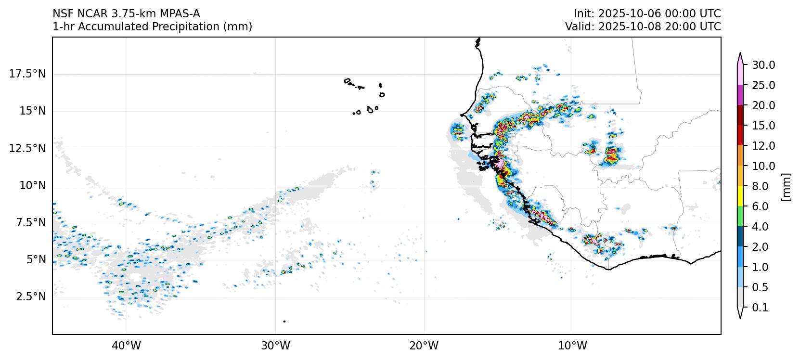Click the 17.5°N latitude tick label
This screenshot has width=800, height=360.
(27, 74)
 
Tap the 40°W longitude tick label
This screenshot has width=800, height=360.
(127, 346)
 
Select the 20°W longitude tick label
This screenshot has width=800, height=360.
(424, 346)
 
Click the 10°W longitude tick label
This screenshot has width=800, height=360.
(573, 346)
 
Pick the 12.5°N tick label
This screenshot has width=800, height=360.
(27, 148)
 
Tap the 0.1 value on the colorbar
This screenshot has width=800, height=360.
(760, 308)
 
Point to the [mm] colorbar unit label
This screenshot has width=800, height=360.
(786, 186)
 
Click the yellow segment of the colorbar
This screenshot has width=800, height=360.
(740, 196)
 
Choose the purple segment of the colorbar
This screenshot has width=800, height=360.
(740, 95)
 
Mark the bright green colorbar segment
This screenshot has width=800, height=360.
(740, 217)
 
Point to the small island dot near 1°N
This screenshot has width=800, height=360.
(284, 321)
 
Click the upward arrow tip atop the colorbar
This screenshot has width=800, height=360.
(740, 54)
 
